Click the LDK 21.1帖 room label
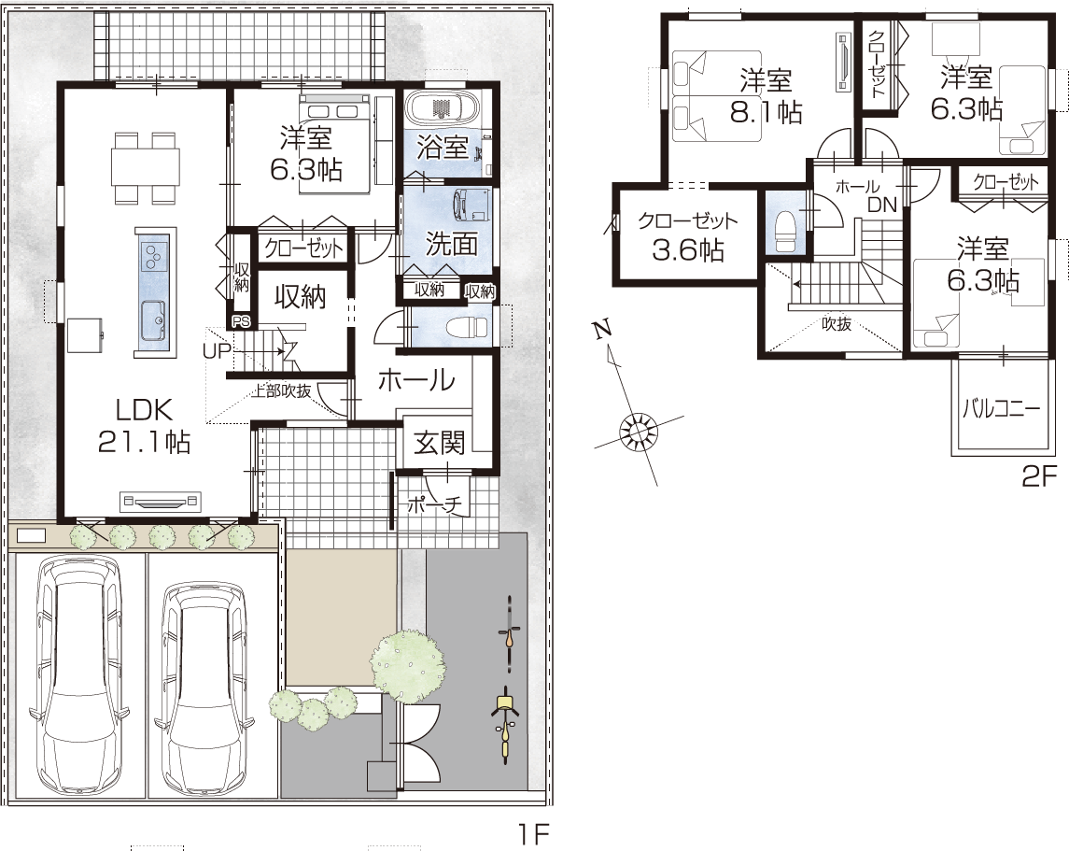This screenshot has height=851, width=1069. [x=144, y=426]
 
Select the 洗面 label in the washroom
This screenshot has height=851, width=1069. [x=451, y=244]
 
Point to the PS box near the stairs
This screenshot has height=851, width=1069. [x=241, y=322]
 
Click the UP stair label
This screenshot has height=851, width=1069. [x=217, y=351]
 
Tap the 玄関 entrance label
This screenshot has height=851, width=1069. [x=440, y=444]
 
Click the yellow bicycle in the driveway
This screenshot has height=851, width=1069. [x=504, y=725]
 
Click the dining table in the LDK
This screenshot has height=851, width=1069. [x=146, y=167]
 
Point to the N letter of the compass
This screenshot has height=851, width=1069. [x=600, y=330]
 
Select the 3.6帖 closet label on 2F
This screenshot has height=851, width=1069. [x=688, y=250]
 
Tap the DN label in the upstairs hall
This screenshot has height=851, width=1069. [x=882, y=205]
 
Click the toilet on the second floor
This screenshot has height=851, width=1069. [x=785, y=231]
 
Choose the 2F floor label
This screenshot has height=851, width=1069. [x=1038, y=477]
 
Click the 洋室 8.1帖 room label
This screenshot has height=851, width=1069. [x=766, y=96]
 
